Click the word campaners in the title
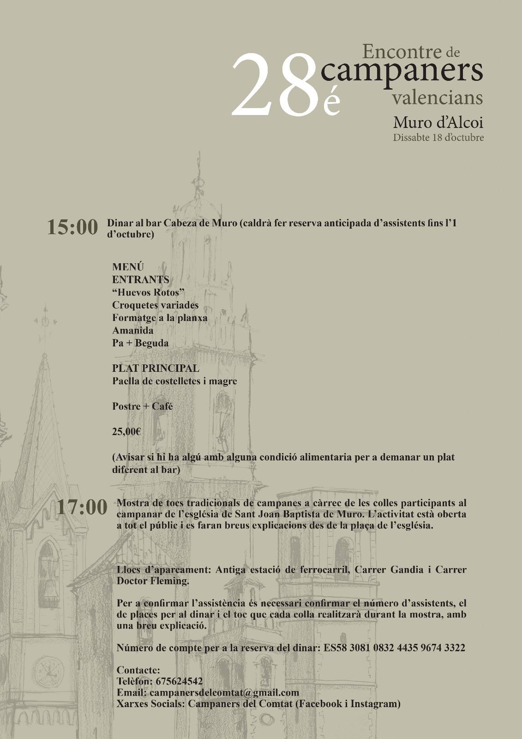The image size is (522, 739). pyautogui.click(x=402, y=71)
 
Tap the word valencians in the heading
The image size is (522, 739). pyautogui.click(x=437, y=97)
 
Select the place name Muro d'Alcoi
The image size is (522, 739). pyautogui.click(x=438, y=123)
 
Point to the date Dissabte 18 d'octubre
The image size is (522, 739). pyautogui.click(x=438, y=138)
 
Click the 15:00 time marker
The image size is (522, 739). pyautogui.click(x=73, y=228)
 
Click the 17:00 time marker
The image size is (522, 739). pyautogui.click(x=82, y=507)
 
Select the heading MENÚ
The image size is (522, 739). pyautogui.click(x=128, y=267)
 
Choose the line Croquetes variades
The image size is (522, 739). pyautogui.click(x=155, y=305)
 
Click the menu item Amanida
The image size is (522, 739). pyautogui.click(x=133, y=330)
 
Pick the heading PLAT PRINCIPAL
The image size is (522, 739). pyautogui.click(x=156, y=368)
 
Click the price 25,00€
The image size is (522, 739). pyautogui.click(x=126, y=432)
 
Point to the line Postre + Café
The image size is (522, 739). pyautogui.click(x=142, y=406)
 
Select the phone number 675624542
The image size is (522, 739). pyautogui.click(x=179, y=681)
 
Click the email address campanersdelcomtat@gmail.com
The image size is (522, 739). pyautogui.click(x=224, y=693)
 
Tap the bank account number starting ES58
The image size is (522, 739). pyautogui.click(x=392, y=648)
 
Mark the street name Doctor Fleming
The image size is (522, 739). pyautogui.click(x=153, y=581)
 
